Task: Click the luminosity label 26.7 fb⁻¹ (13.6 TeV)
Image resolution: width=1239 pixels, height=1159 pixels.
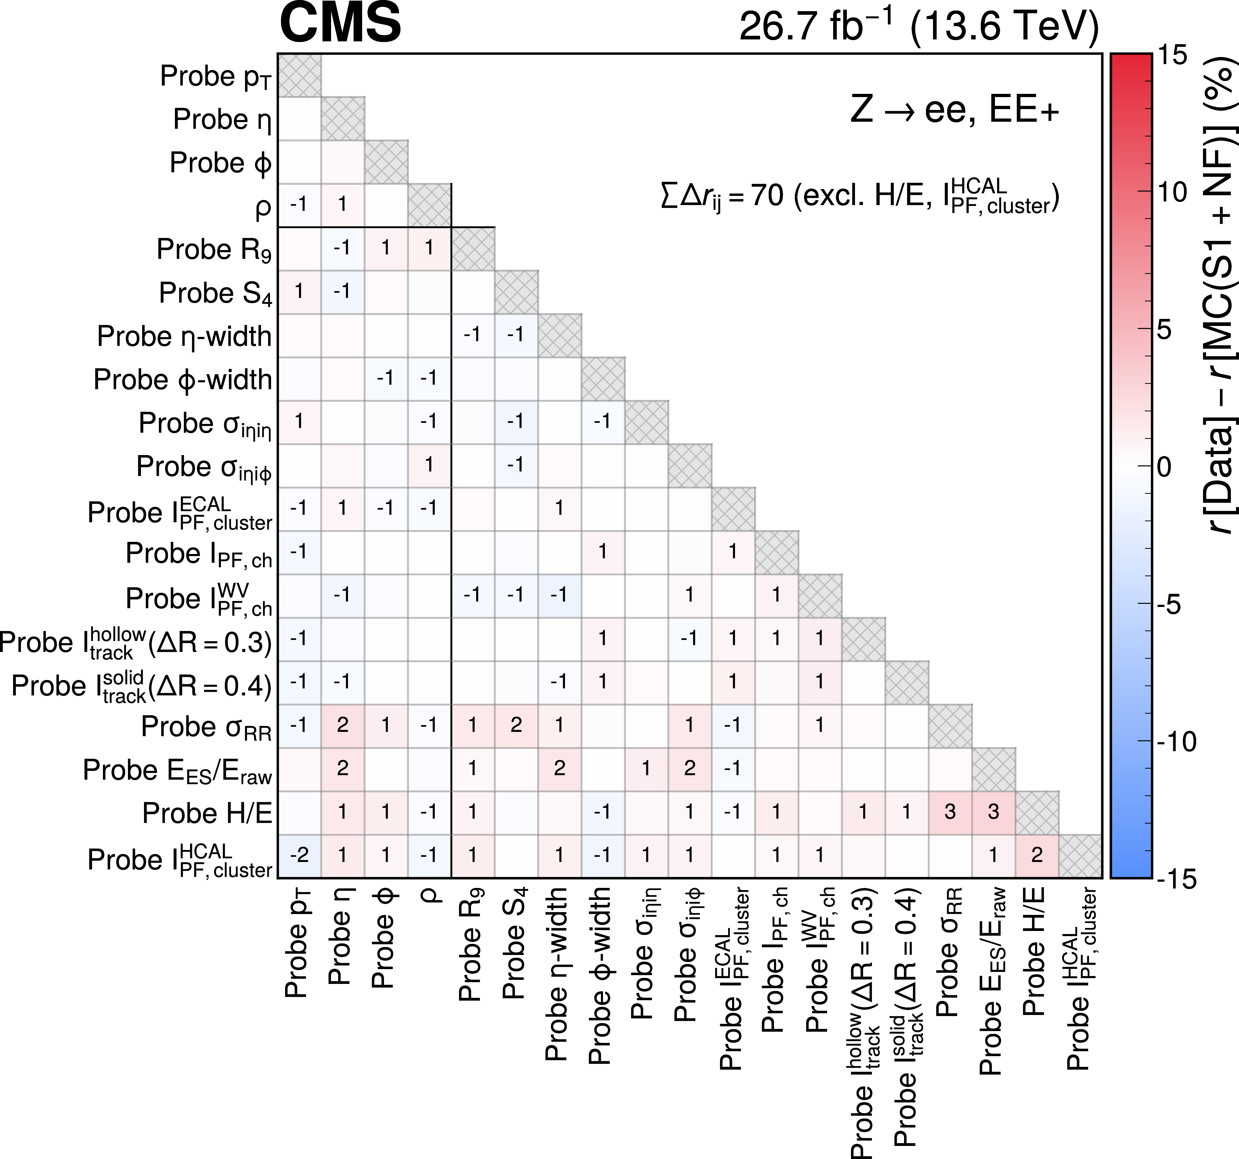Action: (919, 26)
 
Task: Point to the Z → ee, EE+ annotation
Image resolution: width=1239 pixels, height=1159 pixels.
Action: (955, 110)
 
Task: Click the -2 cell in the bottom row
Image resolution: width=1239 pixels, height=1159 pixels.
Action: (300, 856)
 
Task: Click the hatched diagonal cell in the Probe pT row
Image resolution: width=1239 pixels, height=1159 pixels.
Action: (300, 75)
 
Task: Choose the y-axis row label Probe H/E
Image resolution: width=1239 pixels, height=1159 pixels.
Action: (208, 813)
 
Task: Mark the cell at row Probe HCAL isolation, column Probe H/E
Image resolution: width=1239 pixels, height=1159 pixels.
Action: (1037, 856)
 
